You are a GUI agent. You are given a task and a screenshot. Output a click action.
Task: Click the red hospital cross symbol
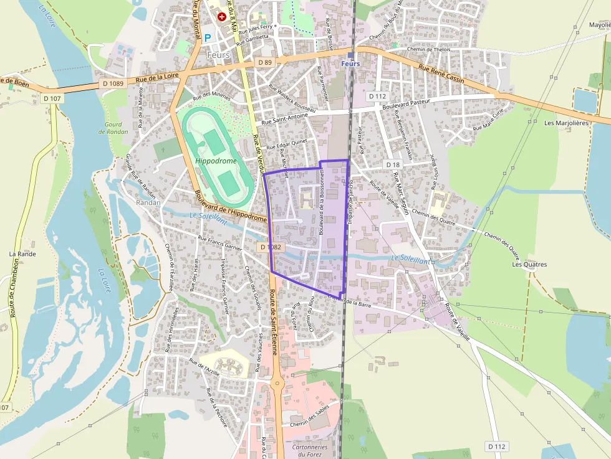click(x=221, y=17)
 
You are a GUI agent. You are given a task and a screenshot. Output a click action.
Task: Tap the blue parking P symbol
click(x=208, y=37)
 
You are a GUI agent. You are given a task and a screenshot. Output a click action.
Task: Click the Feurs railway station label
click(x=351, y=64)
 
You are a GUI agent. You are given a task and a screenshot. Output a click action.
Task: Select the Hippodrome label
click(x=216, y=161)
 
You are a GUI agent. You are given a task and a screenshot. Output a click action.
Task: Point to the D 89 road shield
click(x=265, y=63)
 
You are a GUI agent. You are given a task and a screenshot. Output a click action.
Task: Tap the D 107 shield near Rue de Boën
click(x=53, y=98)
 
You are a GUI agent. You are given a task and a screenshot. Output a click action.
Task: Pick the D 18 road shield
click(x=393, y=164)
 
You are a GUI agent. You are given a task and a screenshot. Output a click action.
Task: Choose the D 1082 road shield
click(x=270, y=247)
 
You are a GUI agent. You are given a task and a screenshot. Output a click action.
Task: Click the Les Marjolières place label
click(x=566, y=123)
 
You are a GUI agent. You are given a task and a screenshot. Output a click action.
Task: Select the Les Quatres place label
click(x=529, y=264)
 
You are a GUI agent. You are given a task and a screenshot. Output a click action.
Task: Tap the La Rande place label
click(x=22, y=254)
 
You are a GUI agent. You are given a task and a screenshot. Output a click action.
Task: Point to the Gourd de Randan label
click(x=113, y=128)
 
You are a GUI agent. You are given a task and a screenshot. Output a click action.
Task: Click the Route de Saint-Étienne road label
click(x=274, y=329)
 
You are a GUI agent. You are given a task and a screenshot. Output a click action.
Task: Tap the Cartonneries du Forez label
click(x=309, y=450)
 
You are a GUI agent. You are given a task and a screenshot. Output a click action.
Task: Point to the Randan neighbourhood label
click(x=148, y=202)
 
